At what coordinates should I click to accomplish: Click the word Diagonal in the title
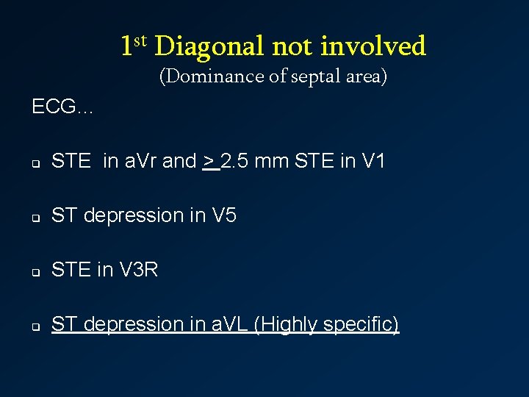coord(209,47)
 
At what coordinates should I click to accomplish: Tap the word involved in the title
coord(373,47)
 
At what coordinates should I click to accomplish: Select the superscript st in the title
coord(140,40)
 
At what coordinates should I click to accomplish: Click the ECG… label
coord(62,107)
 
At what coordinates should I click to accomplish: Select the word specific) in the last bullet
coord(361,324)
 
